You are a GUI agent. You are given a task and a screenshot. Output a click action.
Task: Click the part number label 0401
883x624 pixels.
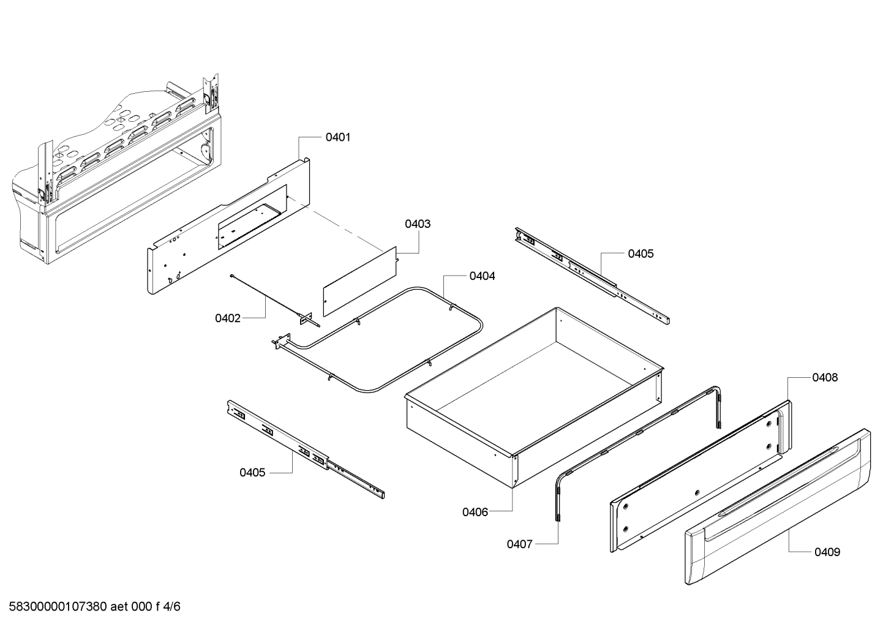click(x=337, y=137)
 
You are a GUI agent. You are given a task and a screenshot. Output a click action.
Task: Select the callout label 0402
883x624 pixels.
click(x=227, y=318)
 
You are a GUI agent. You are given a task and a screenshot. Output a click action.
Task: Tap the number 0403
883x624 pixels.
click(x=417, y=224)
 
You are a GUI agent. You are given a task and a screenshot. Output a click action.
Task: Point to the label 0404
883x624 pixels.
click(x=482, y=276)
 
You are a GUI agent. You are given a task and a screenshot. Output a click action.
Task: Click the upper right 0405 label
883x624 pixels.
click(x=640, y=254)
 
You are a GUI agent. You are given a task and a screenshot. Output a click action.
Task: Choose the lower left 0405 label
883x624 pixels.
click(x=252, y=472)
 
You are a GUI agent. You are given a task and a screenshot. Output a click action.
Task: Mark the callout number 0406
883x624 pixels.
click(x=475, y=512)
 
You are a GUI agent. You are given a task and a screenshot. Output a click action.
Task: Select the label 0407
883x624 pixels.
click(x=519, y=544)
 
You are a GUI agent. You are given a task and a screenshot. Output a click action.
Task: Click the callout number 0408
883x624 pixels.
click(x=825, y=378)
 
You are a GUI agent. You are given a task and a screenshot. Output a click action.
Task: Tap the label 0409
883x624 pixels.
click(x=827, y=552)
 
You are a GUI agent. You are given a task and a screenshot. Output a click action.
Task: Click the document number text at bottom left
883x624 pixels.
click(x=91, y=607)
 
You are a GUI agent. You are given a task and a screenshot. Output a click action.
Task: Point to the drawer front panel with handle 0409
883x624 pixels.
click(x=778, y=508)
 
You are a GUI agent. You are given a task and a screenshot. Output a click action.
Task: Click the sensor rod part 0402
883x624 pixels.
click(x=269, y=296)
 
